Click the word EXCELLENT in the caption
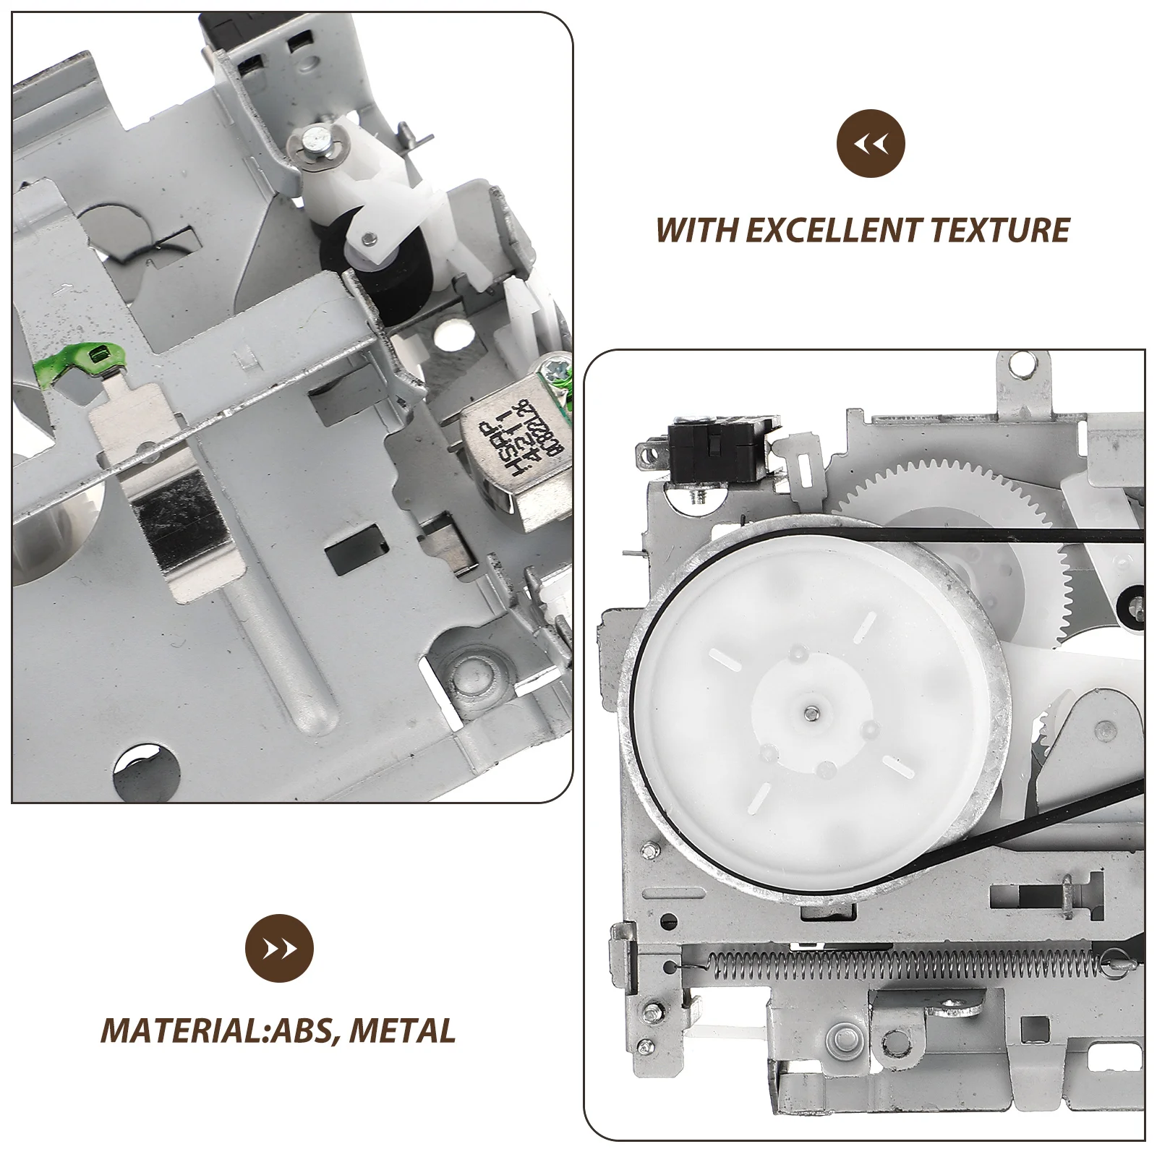[832, 230]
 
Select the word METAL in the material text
[403, 1030]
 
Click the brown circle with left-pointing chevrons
[871, 142]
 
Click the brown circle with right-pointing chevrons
[280, 949]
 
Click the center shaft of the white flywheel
[811, 713]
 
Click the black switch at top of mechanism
[708, 451]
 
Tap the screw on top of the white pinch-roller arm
[315, 139]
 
